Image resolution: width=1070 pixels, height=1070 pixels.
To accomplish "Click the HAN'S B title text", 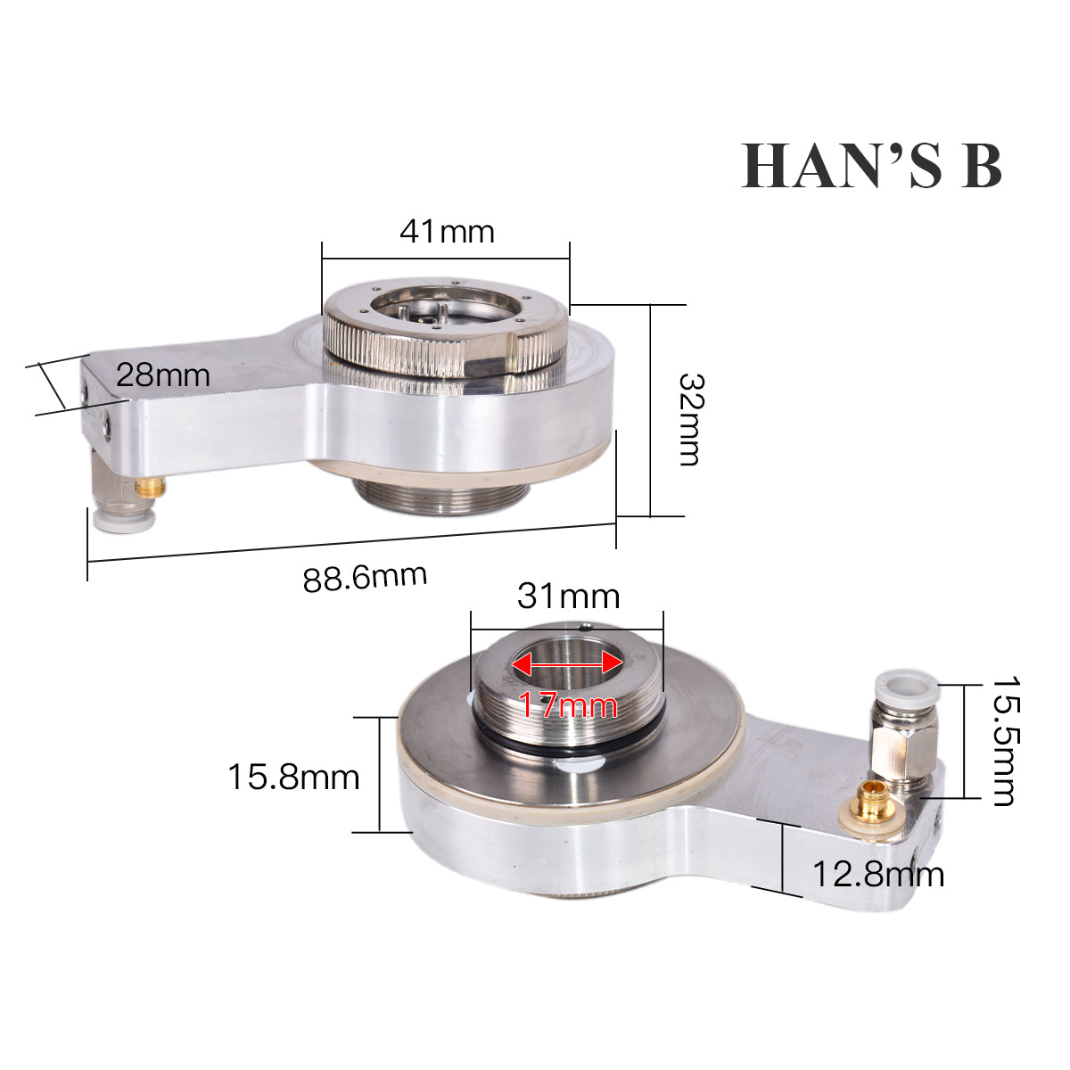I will coord(872,165).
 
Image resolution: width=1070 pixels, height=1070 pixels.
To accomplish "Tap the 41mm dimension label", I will coord(446,232).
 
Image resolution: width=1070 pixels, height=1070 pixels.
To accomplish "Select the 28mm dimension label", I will coord(163,374).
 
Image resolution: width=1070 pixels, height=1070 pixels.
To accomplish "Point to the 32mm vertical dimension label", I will coord(689,418).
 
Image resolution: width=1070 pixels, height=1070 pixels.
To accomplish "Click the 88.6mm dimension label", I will coord(365,578).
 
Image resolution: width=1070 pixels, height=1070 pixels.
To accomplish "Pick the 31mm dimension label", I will coord(568,595).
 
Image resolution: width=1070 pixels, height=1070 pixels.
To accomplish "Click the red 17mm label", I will coord(568,706).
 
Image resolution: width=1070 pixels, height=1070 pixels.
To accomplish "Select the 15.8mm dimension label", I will coord(293,777).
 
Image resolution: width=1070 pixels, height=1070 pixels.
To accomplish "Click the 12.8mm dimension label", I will coord(877,875).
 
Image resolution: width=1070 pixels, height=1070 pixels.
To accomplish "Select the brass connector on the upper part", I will coord(150,487).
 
